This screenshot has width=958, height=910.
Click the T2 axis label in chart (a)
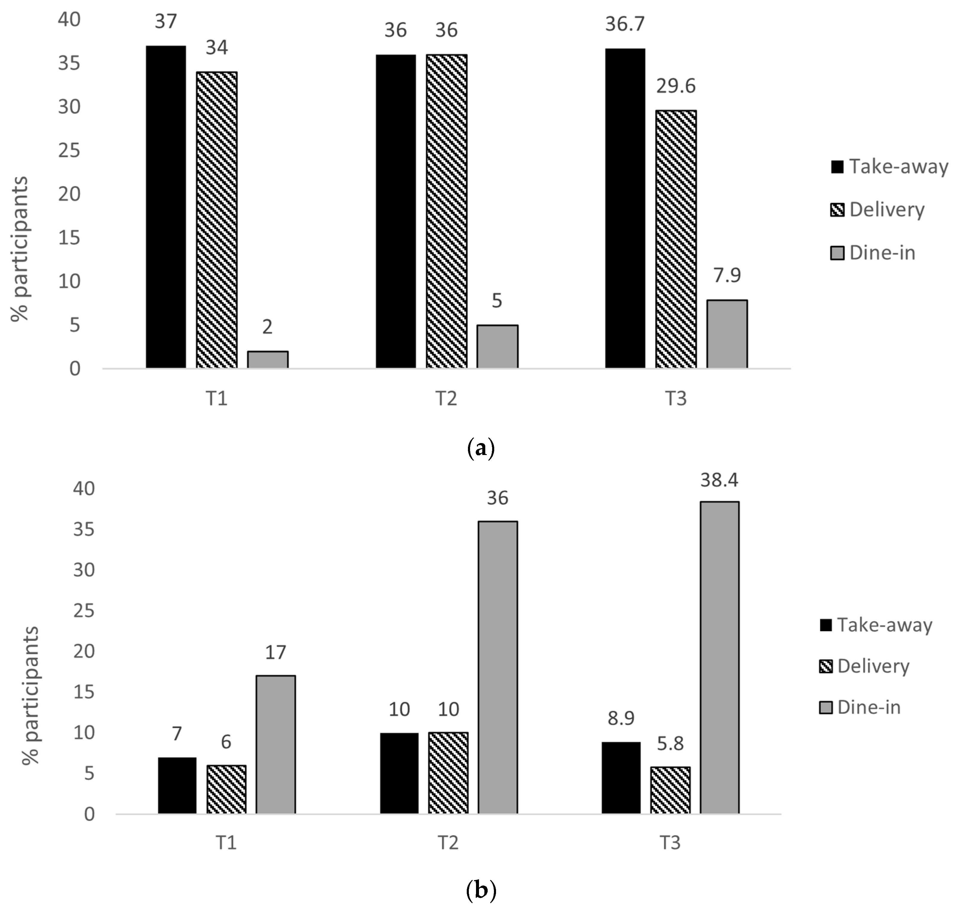(x=446, y=399)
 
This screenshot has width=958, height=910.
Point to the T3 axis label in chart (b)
(x=670, y=843)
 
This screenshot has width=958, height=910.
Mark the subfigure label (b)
(x=480, y=891)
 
